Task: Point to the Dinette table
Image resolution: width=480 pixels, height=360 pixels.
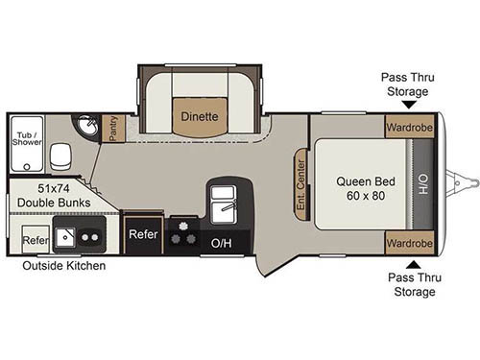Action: click(x=199, y=116)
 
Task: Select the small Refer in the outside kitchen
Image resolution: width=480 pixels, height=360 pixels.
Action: click(x=35, y=240)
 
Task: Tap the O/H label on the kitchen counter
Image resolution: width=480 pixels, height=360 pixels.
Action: click(x=221, y=243)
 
